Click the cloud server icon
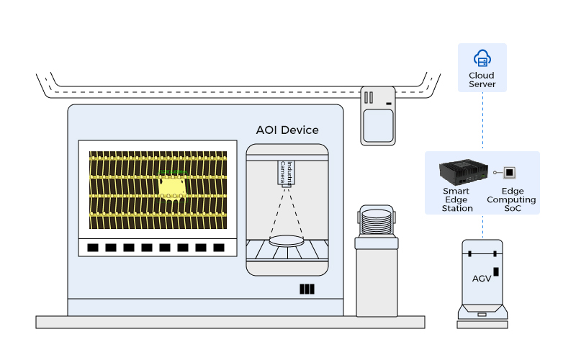[482, 58]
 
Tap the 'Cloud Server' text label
[482, 79]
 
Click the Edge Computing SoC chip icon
[510, 173]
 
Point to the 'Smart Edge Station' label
[457, 199]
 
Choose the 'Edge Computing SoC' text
[511, 199]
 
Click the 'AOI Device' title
[287, 130]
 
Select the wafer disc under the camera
[287, 241]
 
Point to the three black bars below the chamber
[307, 289]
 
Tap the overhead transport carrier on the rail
[378, 115]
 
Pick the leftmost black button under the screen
[93, 248]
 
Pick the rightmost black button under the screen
[219, 248]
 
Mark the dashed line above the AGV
[482, 227]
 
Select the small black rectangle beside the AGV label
[495, 275]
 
